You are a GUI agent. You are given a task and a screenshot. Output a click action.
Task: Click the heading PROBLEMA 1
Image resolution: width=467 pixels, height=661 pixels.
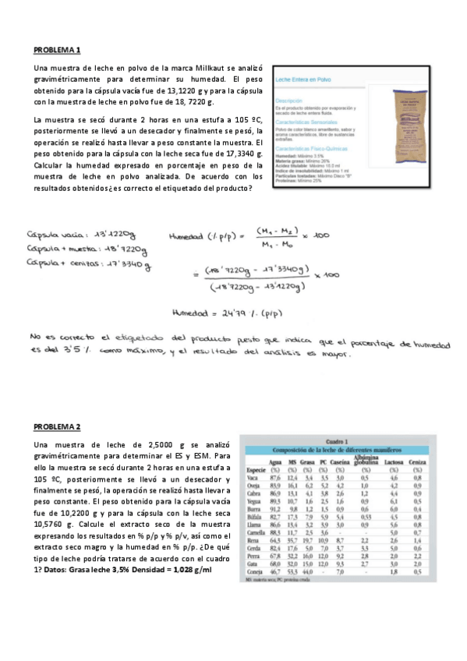coord(57,50)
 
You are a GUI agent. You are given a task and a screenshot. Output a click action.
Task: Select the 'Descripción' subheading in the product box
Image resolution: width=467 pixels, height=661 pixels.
coord(289,101)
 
